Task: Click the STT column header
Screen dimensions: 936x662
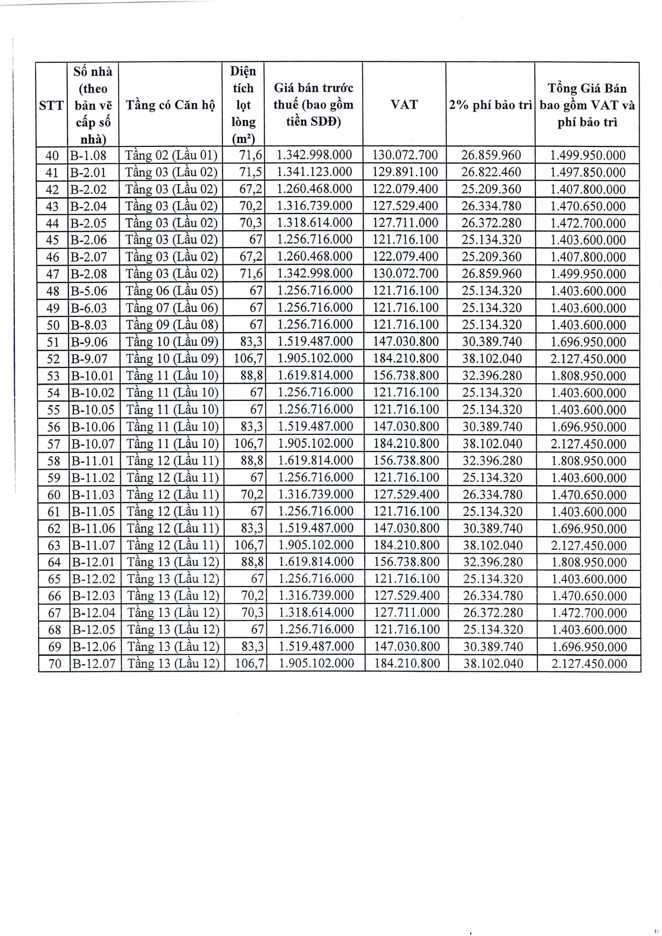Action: [51, 105]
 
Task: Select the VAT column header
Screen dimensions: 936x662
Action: [404, 104]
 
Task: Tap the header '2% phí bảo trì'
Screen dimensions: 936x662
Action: [490, 105]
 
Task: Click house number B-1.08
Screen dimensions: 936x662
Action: [88, 155]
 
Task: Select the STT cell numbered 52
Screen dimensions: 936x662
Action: [53, 359]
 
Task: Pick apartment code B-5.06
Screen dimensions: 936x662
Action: [89, 291]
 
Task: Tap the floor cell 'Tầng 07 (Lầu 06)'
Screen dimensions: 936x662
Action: [172, 308]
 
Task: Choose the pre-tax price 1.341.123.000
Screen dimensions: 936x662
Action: [314, 172]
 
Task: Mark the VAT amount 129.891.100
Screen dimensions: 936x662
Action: [405, 172]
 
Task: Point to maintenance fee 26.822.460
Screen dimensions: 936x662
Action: [491, 172]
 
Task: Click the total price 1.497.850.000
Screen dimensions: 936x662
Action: [588, 172]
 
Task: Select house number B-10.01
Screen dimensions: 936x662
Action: [93, 376]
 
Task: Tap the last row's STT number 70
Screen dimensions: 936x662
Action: [55, 664]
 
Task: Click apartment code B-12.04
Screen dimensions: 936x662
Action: [94, 613]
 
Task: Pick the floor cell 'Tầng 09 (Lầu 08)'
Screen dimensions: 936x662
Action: [172, 325]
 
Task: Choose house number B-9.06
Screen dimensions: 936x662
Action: [89, 342]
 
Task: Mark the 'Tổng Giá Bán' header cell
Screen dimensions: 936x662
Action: [587, 105]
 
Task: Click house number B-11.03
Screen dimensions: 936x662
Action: [93, 495]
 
